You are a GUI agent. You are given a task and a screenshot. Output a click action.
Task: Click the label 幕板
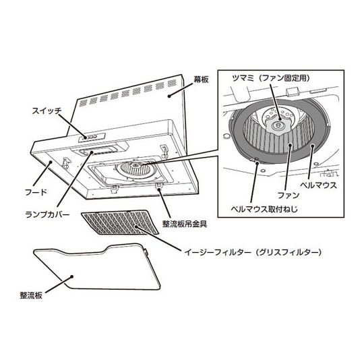(x=201, y=80)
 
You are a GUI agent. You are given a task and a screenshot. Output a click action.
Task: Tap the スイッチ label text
(x=47, y=111)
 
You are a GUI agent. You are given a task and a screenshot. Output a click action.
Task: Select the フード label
(x=36, y=192)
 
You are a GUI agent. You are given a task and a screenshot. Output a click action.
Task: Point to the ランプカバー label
(x=47, y=214)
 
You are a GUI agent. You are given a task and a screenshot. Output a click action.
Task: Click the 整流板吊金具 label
(x=185, y=224)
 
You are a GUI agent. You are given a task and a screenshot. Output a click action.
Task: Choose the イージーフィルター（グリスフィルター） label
(x=253, y=252)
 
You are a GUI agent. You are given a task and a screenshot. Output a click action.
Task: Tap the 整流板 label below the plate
(x=31, y=295)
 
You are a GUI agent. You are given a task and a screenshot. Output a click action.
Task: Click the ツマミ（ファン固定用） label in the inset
(x=271, y=78)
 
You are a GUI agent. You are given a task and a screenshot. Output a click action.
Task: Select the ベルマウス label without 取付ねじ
(x=318, y=185)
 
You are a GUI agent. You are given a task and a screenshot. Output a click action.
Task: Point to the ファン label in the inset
(x=289, y=195)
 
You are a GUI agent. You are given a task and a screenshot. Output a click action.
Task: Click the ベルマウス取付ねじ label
(x=264, y=209)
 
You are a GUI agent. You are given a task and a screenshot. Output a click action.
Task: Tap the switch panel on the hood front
(x=92, y=138)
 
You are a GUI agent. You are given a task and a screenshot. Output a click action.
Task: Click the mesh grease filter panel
(x=120, y=222)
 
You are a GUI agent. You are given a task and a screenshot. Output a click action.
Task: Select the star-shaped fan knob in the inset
(x=278, y=127)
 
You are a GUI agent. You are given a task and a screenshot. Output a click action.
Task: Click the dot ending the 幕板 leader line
(x=169, y=96)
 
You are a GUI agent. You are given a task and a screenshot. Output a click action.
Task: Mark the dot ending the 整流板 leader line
(x=72, y=276)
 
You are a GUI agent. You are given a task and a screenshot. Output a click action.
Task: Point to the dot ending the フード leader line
(x=50, y=162)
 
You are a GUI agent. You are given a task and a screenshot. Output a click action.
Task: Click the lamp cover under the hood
(x=96, y=151)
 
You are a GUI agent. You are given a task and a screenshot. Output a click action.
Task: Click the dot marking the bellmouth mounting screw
(x=257, y=162)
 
